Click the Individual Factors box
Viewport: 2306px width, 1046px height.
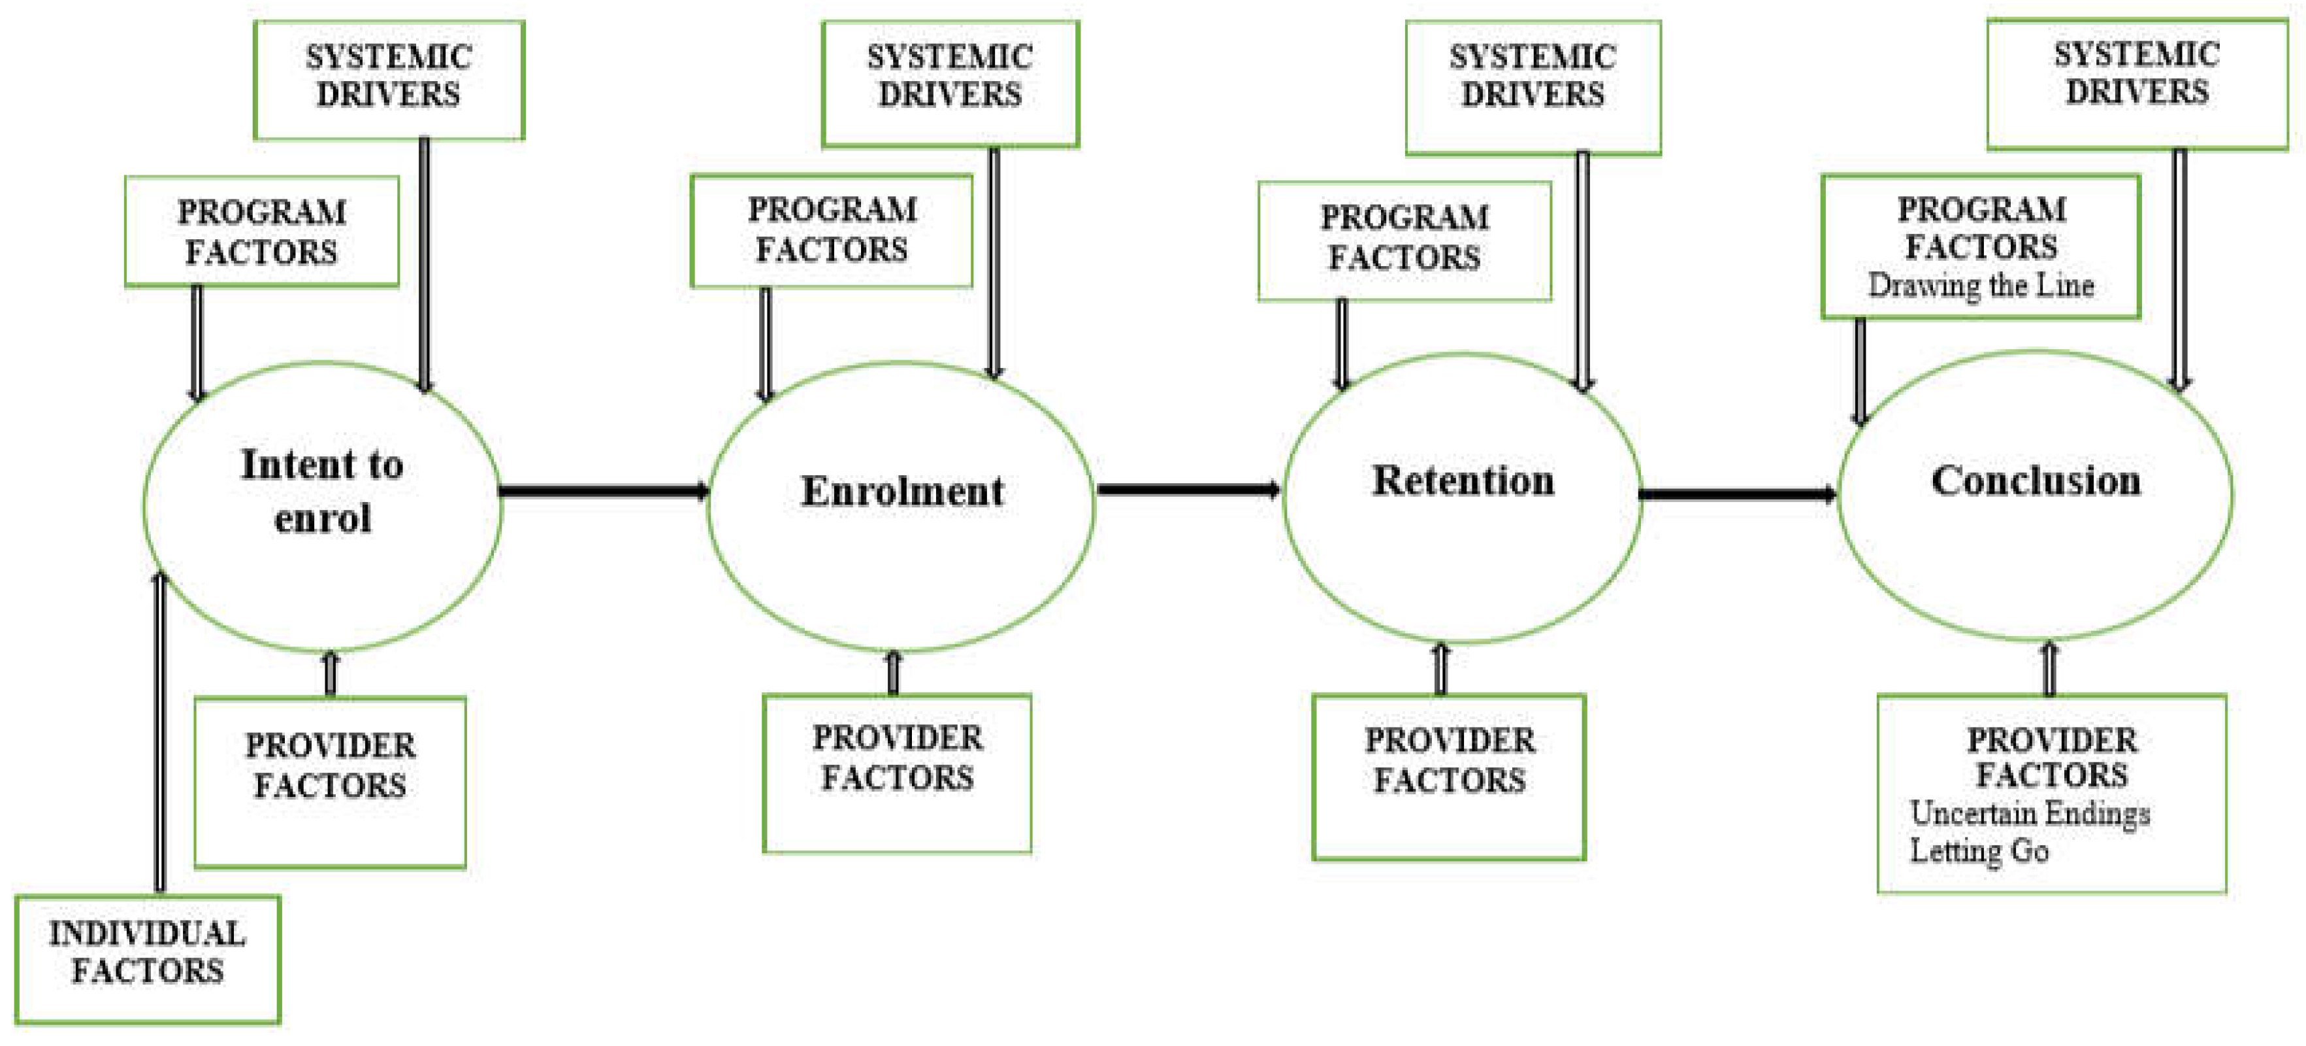tap(148, 958)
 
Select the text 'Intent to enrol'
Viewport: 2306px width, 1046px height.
tap(322, 491)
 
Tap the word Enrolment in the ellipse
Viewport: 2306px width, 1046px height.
tap(901, 491)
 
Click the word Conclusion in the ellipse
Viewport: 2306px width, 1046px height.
tap(2036, 481)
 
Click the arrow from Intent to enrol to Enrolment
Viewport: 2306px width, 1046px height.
tap(604, 491)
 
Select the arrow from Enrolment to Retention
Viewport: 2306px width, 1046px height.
tap(1189, 489)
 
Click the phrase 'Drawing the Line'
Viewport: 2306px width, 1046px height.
tap(1980, 286)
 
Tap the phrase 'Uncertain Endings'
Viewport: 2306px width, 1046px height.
tap(2030, 813)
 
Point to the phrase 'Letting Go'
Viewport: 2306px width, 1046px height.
tap(1978, 851)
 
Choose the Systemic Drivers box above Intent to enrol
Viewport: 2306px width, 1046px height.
tap(389, 79)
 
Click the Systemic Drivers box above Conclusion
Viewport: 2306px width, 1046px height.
tap(2137, 82)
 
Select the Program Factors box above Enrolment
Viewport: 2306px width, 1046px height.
tap(832, 231)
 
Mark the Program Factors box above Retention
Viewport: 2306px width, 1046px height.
tap(1404, 240)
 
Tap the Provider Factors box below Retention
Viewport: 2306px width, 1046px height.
tap(1448, 777)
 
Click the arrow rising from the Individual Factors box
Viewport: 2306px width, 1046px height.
tap(160, 734)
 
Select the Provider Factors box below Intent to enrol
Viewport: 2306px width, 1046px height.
tap(329, 782)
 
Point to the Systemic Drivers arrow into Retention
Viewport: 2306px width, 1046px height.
tap(1583, 269)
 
